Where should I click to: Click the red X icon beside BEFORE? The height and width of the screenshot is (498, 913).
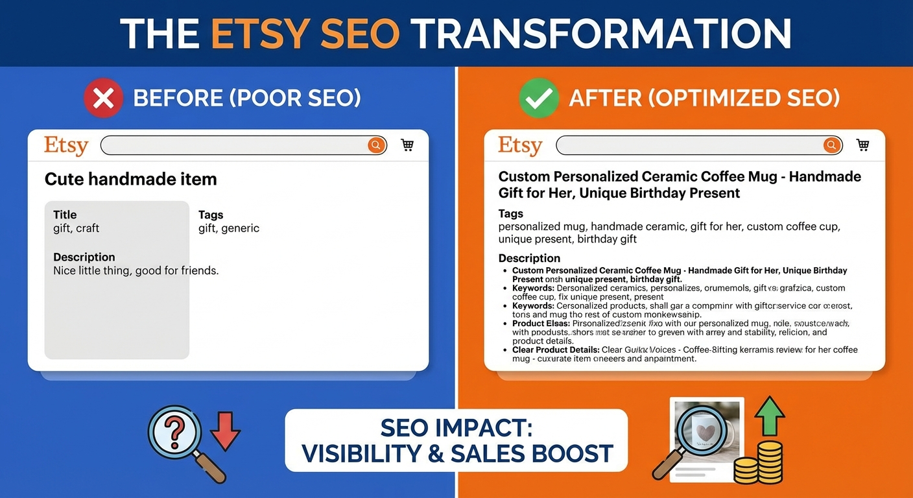point(104,99)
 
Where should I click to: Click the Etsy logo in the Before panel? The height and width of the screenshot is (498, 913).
point(65,145)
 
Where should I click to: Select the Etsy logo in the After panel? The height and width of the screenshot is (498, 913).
point(520,145)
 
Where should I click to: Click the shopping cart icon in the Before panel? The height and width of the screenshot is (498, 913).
point(407,145)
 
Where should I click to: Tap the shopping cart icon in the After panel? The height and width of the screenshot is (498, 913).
point(862,145)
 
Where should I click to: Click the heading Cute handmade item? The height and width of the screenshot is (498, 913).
point(130,180)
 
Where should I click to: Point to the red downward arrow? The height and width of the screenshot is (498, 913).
point(225,432)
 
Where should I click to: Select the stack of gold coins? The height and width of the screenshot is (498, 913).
point(759,461)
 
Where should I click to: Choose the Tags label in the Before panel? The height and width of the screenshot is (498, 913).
point(211,215)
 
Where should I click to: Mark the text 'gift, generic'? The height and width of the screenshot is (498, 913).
point(228,228)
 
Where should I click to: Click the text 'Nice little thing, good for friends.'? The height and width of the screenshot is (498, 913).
point(136,270)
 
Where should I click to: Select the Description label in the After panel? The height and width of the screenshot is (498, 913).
point(529,258)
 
